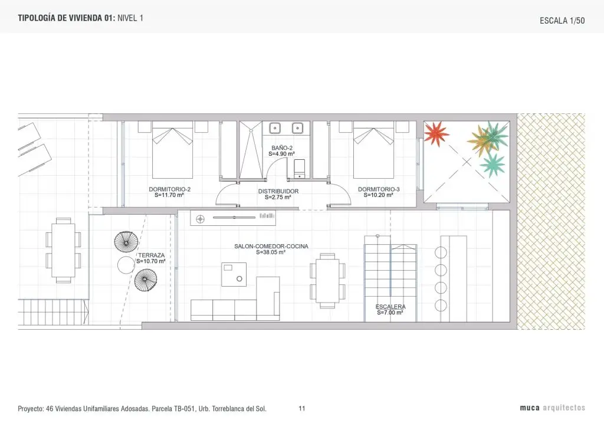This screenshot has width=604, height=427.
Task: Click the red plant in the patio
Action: click(436, 134)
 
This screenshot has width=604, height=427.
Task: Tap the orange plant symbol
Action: click(480, 140)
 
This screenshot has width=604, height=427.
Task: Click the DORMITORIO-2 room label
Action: click(169, 189)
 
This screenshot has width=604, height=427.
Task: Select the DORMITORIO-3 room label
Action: click(379, 189)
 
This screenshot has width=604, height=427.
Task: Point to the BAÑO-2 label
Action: click(282, 148)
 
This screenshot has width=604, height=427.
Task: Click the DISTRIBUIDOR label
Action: click(278, 191)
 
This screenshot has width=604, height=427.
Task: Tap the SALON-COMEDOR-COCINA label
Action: click(271, 247)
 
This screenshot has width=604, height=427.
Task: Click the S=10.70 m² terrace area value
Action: click(151, 261)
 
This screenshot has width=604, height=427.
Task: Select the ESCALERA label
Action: click(390, 307)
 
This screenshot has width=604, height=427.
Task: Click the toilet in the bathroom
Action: click(299, 169)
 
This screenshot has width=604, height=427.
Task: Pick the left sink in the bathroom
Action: click(275, 128)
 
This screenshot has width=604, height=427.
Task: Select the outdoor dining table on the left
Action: click(64, 250)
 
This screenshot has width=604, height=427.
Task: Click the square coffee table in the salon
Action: click(234, 274)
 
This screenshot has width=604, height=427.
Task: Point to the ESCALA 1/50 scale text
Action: click(562, 21)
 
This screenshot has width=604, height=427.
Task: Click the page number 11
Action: click(302, 409)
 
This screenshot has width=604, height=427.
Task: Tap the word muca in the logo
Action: click(530, 408)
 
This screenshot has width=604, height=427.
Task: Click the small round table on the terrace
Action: click(126, 265)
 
